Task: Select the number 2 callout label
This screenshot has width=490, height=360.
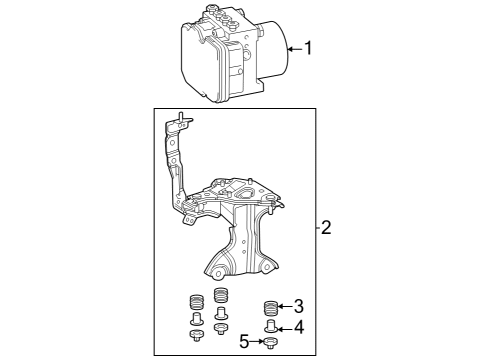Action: click(326, 228)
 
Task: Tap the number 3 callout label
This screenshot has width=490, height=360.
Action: click(298, 307)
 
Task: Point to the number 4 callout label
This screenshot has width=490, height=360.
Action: click(298, 328)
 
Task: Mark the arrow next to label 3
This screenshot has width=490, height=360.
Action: click(285, 307)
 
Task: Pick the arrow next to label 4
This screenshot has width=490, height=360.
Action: click(285, 328)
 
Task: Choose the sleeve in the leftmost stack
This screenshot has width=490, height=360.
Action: click(197, 320)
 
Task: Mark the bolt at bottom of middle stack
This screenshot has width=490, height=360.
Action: click(221, 329)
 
